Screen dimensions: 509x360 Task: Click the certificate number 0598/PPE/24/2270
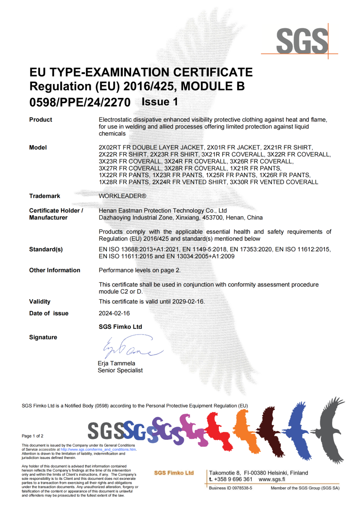pos(80,103)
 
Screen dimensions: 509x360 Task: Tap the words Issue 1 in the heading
pos(160,102)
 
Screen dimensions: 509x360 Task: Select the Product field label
pos(41,120)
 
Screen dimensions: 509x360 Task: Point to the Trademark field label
pos(44,196)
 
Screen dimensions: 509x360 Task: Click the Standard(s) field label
pos(46,249)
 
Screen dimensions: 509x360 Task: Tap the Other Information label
pos(54,270)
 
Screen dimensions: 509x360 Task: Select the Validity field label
pos(40,301)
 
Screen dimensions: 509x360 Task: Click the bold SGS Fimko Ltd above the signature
pos(120,327)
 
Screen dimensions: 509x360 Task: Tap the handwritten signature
pos(131,348)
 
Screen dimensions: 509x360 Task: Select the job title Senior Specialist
pos(121,371)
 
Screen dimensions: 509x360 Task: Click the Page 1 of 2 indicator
pos(33,436)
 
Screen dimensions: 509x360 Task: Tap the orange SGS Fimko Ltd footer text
pos(174,473)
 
